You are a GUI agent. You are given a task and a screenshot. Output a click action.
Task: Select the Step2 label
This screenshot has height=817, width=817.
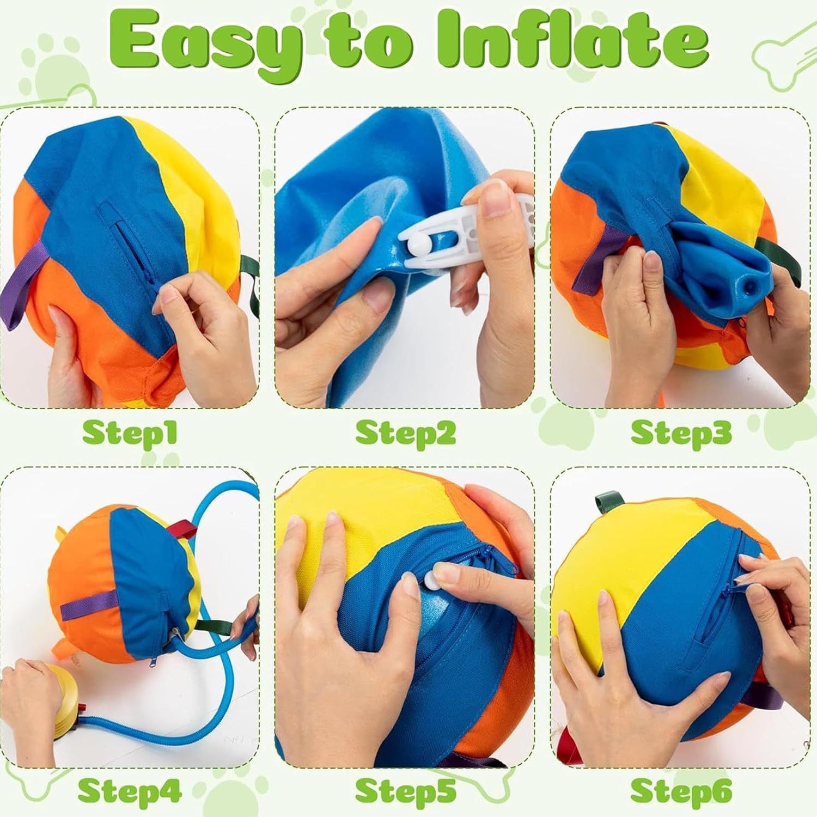click(x=405, y=433)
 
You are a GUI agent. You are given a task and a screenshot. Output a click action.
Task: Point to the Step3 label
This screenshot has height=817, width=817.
click(x=681, y=433)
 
